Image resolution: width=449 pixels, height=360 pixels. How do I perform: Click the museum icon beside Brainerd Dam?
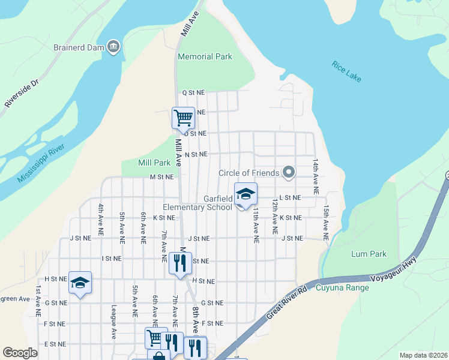pos(113,47)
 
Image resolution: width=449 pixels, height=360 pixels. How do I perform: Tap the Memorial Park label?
pos(205,57)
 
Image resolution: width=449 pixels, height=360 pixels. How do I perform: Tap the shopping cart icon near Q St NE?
pos(183,117)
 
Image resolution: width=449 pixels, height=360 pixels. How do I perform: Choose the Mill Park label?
pos(154,163)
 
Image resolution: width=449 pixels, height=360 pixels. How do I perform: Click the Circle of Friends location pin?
pos(289,173)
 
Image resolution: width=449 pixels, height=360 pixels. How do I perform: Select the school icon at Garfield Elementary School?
pos(246,194)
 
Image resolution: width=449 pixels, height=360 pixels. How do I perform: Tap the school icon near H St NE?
pos(80,282)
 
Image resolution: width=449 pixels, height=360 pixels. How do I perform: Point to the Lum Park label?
pos(369,254)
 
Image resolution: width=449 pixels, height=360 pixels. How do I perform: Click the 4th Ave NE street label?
pos(100,218)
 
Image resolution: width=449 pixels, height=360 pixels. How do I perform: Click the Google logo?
pos(20,353)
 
